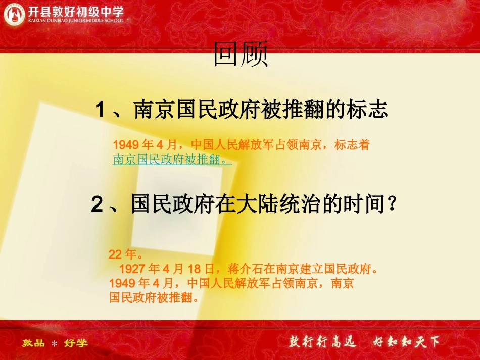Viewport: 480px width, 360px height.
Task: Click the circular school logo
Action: pyautogui.click(x=14, y=14)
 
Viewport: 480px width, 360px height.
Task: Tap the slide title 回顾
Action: pyautogui.click(x=239, y=55)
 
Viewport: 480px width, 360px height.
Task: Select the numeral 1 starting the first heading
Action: pyautogui.click(x=100, y=110)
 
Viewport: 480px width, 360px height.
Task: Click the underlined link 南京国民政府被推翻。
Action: pyautogui.click(x=172, y=160)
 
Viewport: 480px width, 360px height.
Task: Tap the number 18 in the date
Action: pyautogui.click(x=195, y=268)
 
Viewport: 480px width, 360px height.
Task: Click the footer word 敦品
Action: pyautogui.click(x=33, y=343)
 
